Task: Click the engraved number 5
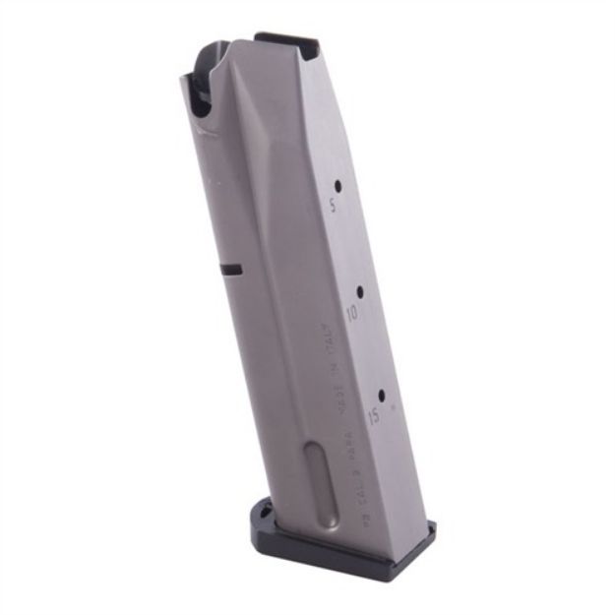coord(333,207)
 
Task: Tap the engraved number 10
coord(351,314)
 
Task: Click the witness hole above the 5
coord(338,185)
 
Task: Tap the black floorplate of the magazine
coord(344,551)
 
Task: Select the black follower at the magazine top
coord(285,42)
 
